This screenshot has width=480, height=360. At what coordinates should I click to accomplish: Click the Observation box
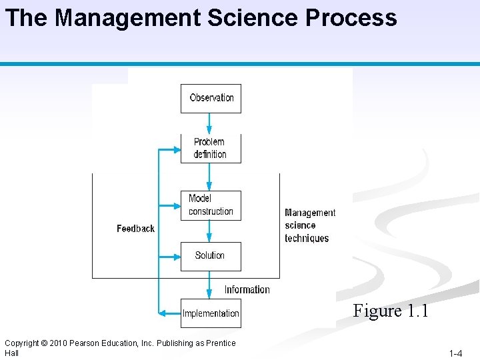point(211,98)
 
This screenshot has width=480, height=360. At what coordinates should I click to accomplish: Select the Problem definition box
point(210,148)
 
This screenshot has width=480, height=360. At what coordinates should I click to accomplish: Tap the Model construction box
point(211,205)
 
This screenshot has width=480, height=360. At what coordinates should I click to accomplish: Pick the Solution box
point(210,255)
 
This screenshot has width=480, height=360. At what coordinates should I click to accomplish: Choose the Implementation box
point(211,313)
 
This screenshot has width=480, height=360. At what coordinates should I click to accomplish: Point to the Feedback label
point(135,229)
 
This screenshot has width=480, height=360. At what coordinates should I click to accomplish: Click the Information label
point(247,289)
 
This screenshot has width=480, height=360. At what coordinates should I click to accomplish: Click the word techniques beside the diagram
point(307,238)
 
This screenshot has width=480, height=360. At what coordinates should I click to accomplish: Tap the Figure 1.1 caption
point(390,311)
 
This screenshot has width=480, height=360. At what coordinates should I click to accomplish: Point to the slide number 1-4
point(455,353)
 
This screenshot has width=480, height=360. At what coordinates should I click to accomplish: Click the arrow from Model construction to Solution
point(210,231)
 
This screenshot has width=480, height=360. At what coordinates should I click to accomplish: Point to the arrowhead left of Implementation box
point(162,313)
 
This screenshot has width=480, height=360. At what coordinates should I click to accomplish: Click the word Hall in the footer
point(11,353)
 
